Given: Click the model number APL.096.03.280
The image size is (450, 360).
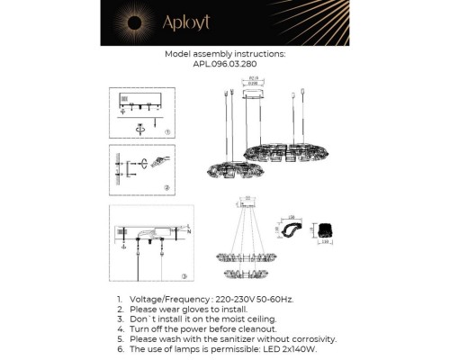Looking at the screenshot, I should tap(225, 64).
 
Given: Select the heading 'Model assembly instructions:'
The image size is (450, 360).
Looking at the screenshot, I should tap(225, 54).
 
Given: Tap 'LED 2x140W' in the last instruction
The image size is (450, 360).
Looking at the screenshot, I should tap(301, 348).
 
